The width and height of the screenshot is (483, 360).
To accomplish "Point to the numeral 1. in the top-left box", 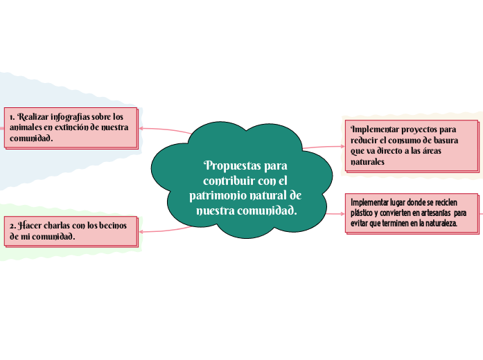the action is [12, 116].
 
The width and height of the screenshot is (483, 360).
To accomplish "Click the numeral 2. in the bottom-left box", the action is [12, 226].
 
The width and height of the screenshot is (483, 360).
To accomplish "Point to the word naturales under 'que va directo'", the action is [368, 161].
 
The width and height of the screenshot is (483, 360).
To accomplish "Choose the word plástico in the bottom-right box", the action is [365, 213].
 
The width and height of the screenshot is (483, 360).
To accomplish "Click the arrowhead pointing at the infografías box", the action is [142, 127].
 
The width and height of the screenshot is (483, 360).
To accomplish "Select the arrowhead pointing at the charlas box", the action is [142, 231].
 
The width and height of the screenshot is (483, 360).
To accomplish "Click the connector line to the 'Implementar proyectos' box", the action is [322, 146].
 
